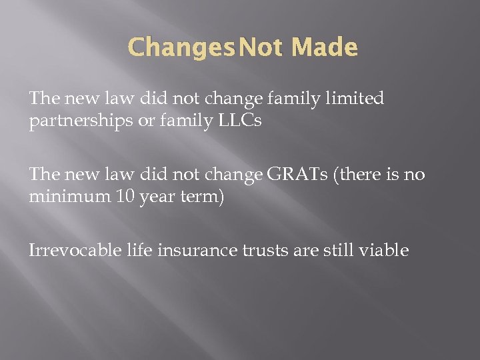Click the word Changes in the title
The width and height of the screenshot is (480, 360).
181,48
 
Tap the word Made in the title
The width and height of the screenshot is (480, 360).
324,48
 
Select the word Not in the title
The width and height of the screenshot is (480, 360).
262,48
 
